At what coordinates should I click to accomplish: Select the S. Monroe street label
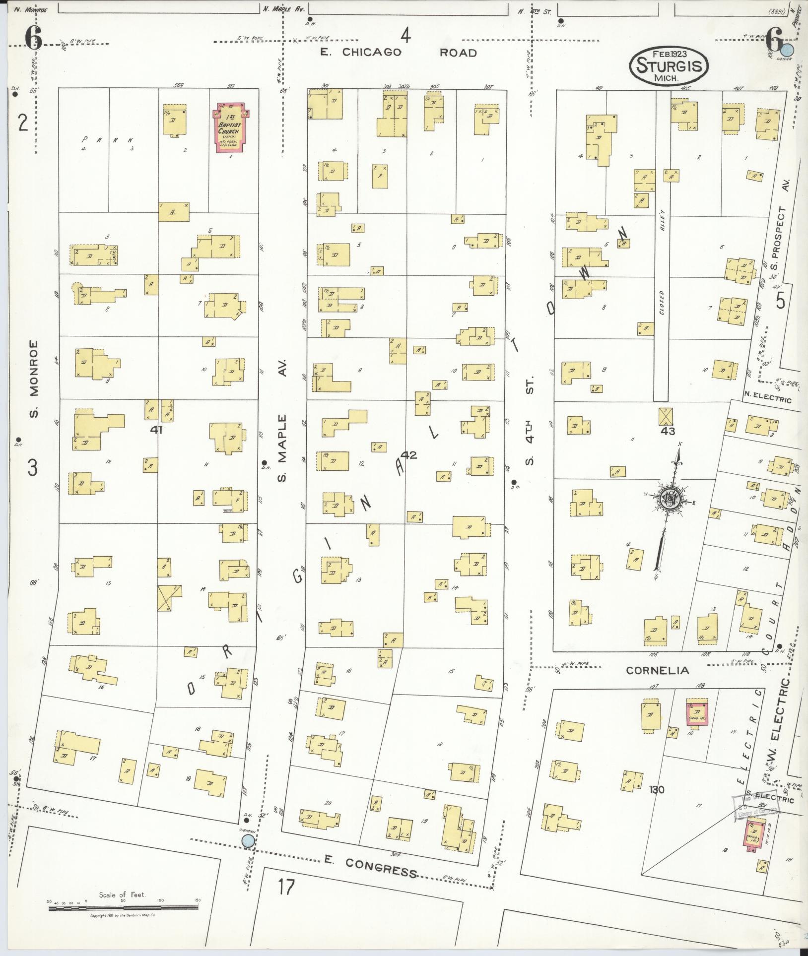(x=34, y=379)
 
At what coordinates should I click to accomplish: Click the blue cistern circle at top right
(x=786, y=50)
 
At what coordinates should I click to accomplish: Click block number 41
(x=157, y=430)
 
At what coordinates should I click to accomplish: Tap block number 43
(x=668, y=431)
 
